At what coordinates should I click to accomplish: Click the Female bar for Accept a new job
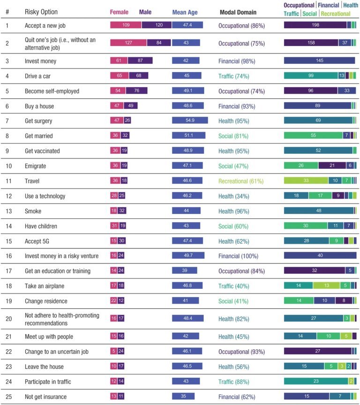[x=126, y=25]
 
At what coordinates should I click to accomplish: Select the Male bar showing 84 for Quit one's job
[x=158, y=43]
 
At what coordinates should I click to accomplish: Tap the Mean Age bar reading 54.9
[x=190, y=120]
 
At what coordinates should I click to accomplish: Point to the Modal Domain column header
[x=238, y=13]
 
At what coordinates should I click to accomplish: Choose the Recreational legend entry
[x=335, y=14]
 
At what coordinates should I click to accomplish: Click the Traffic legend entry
[x=292, y=14]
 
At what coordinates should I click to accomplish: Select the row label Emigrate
[x=36, y=165]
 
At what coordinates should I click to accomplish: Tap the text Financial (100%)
[x=238, y=255]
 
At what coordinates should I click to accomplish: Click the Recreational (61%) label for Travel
[x=241, y=180]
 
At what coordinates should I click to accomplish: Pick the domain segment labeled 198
[x=315, y=25]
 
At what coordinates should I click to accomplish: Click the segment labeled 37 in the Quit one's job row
[x=345, y=43]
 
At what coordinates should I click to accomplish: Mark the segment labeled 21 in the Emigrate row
[x=332, y=165]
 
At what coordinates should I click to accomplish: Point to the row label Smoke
[x=32, y=210]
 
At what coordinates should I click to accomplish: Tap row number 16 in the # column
[x=8, y=255]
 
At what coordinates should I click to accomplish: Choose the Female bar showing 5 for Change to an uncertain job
[x=113, y=351]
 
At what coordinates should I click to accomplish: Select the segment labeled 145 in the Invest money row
[x=319, y=60]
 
